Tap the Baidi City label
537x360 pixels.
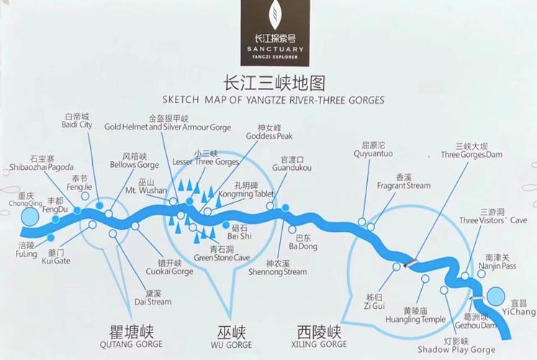(x=78, y=120)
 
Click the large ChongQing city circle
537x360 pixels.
(x=30, y=217)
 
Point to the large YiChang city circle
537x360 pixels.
(x=497, y=296)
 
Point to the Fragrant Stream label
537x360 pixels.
(x=403, y=181)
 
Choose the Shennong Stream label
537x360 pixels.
(x=276, y=268)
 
